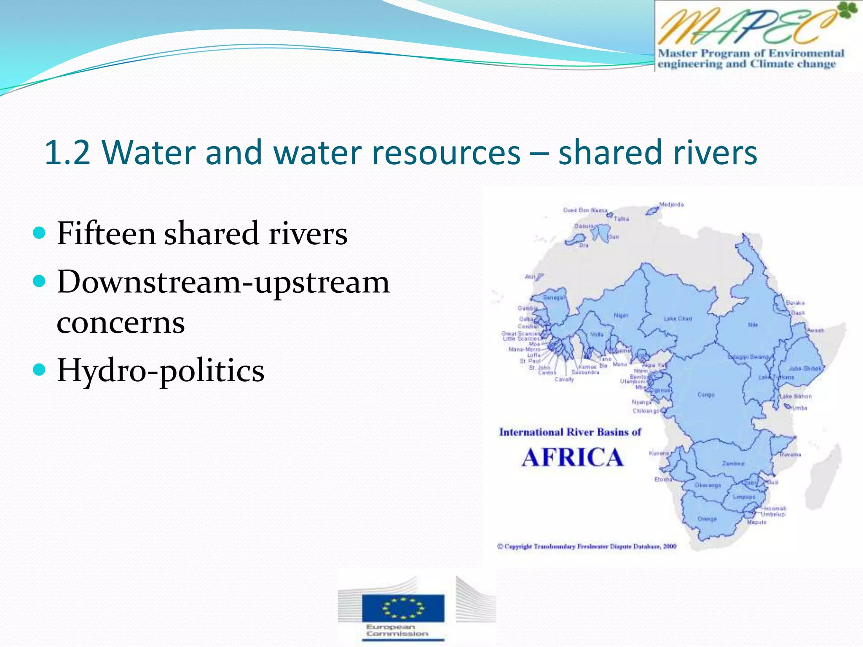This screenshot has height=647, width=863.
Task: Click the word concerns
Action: pyautogui.click(x=121, y=323)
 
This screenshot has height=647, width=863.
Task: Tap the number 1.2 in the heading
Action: pyautogui.click(x=67, y=152)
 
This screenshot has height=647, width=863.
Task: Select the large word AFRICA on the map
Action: pyautogui.click(x=572, y=458)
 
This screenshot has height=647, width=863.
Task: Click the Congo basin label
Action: pyautogui.click(x=706, y=395)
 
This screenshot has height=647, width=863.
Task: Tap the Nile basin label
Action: pyautogui.click(x=753, y=325)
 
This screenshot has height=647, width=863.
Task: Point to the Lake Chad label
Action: pyautogui.click(x=678, y=319)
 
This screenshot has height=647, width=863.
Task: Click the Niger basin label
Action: pyautogui.click(x=621, y=315)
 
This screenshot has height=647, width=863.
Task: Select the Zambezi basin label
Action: pyautogui.click(x=733, y=463)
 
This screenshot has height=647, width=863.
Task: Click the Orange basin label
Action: pyautogui.click(x=707, y=519)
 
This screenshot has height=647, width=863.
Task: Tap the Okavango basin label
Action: pyautogui.click(x=708, y=485)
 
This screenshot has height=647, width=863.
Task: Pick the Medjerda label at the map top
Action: pyautogui.click(x=671, y=205)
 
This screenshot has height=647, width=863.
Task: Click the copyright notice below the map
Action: pyautogui.click(x=587, y=546)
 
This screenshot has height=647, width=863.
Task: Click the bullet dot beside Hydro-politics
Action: pyautogui.click(x=39, y=369)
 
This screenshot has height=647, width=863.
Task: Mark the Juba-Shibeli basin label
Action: pyautogui.click(x=804, y=369)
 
